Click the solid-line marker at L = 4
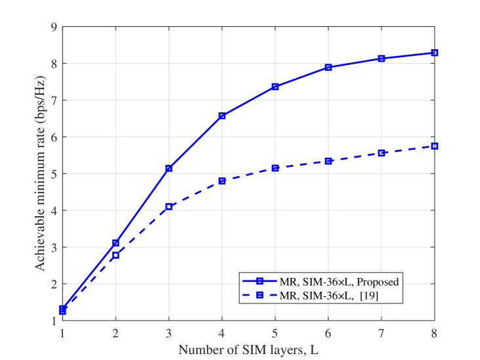(x=222, y=116)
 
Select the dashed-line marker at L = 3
(x=169, y=207)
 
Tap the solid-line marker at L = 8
(x=434, y=53)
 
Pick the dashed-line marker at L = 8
(x=434, y=146)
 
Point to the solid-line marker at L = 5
(x=275, y=87)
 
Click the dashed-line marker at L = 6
(x=328, y=161)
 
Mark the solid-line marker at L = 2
(x=116, y=243)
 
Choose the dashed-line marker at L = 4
(x=222, y=181)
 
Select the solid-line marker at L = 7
(x=381, y=58)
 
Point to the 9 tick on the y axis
(x=55, y=27)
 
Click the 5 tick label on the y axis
(x=55, y=173)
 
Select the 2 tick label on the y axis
(x=55, y=284)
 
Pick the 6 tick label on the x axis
(x=328, y=333)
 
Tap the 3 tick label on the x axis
(x=169, y=333)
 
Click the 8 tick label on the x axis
(x=434, y=333)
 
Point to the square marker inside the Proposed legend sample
(x=259, y=281)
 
